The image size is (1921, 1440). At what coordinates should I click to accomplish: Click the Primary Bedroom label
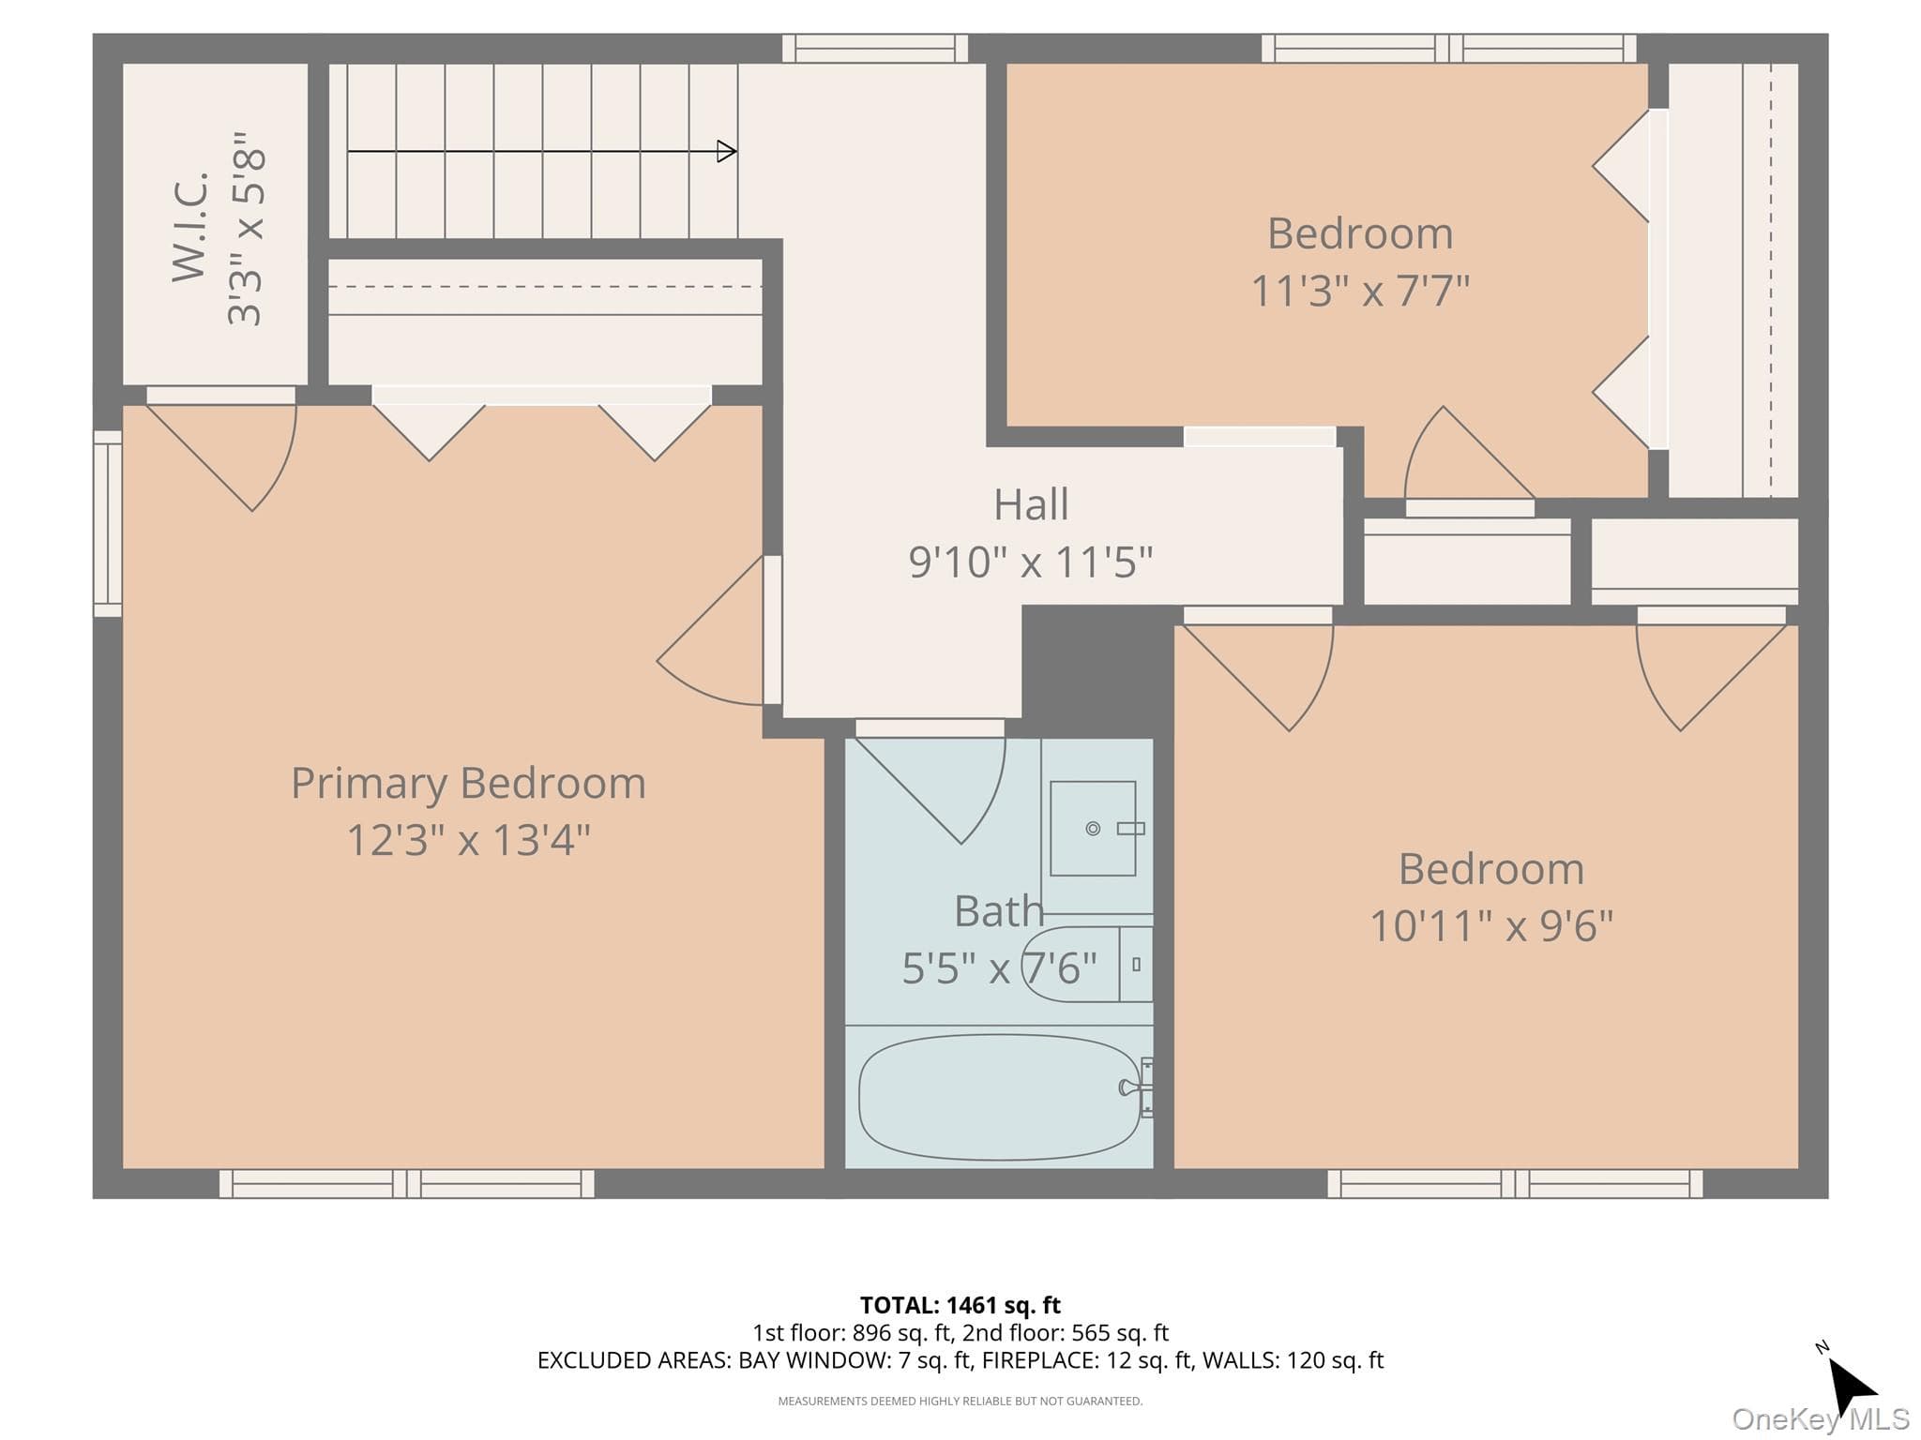(468, 784)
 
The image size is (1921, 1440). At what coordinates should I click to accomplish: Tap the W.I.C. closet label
(189, 225)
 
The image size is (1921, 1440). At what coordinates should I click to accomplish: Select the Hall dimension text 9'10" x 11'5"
(1030, 562)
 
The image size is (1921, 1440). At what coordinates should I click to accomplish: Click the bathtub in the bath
(1000, 1097)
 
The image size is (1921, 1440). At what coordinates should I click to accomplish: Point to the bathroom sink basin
(1093, 828)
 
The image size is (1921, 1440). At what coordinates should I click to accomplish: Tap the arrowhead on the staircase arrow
(727, 151)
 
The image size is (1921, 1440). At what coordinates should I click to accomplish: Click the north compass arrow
(1853, 1386)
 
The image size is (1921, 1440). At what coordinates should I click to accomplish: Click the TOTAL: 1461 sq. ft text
(960, 1305)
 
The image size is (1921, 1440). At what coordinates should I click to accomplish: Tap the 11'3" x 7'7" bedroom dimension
(1360, 291)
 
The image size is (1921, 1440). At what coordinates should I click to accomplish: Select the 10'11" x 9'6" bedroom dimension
(1491, 926)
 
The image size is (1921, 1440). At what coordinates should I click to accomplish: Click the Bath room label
(999, 911)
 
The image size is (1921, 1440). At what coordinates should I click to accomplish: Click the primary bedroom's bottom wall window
(406, 1183)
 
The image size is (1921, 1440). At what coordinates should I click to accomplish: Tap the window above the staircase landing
(875, 48)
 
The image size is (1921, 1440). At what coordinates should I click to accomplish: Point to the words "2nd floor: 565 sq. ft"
(1066, 1332)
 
